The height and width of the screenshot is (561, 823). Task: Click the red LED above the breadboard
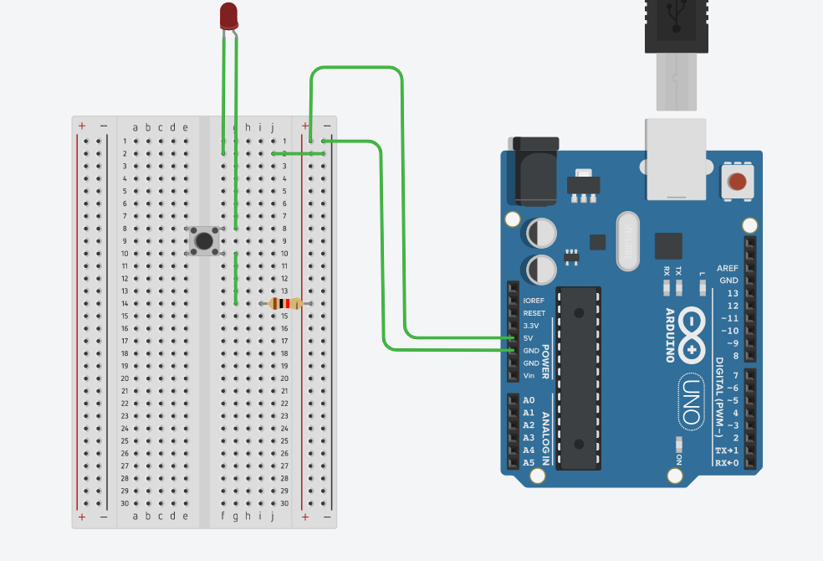228,15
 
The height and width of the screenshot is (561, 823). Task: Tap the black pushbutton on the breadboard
204,240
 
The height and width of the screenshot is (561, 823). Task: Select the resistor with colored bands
286,304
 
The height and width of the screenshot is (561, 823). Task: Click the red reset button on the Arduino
737,182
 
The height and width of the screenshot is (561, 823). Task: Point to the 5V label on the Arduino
529,337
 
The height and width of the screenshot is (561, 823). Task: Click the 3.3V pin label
530,325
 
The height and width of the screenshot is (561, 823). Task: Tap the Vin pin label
529,376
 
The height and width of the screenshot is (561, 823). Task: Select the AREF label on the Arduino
728,268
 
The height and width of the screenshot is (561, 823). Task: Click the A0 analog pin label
529,400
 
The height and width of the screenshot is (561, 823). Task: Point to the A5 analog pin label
529,462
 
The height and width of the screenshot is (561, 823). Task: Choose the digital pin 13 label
733,293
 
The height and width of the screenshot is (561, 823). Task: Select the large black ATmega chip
579,378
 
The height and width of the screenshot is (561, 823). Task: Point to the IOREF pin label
534,300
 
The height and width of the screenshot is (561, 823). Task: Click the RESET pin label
534,313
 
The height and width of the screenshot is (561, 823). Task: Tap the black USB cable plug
676,25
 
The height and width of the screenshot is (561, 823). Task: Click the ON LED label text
678,461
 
